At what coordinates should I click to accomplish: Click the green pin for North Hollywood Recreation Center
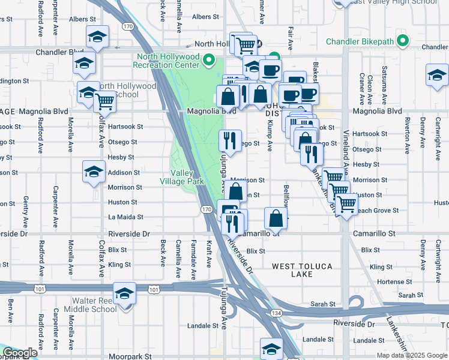click(x=209, y=60)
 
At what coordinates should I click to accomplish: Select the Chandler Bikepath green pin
click(x=403, y=41)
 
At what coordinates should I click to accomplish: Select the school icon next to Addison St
click(x=94, y=172)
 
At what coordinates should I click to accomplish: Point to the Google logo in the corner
click(x=20, y=353)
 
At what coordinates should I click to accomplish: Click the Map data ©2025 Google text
click(x=412, y=355)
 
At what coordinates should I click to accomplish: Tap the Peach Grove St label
click(x=378, y=211)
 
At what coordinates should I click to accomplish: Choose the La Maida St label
click(x=125, y=217)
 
